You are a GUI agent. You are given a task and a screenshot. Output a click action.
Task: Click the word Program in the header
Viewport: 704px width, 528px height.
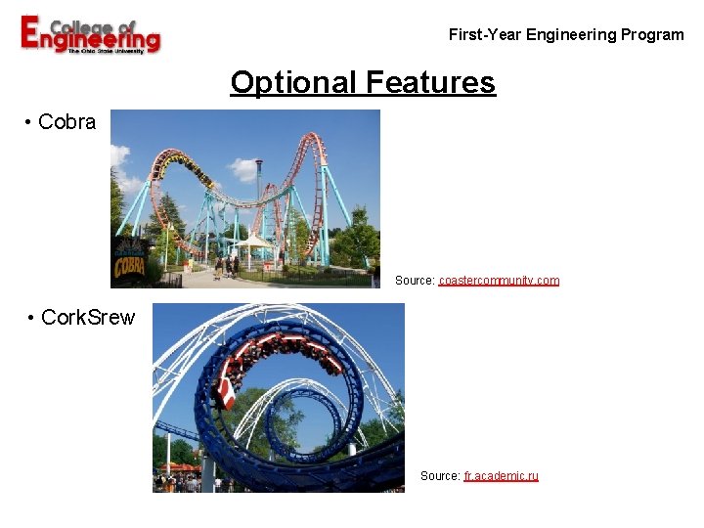651,35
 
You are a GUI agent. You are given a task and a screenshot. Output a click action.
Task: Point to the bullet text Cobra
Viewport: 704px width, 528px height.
66,122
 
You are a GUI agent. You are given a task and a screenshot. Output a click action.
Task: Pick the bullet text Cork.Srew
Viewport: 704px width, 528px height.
88,318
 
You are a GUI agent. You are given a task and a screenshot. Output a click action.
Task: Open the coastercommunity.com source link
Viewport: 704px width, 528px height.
499,281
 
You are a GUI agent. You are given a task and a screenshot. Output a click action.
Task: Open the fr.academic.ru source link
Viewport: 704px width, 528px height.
501,476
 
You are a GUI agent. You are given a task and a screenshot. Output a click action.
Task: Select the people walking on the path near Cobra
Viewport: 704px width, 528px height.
227,265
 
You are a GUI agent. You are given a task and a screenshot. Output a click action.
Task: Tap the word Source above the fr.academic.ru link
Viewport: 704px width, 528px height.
439,476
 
